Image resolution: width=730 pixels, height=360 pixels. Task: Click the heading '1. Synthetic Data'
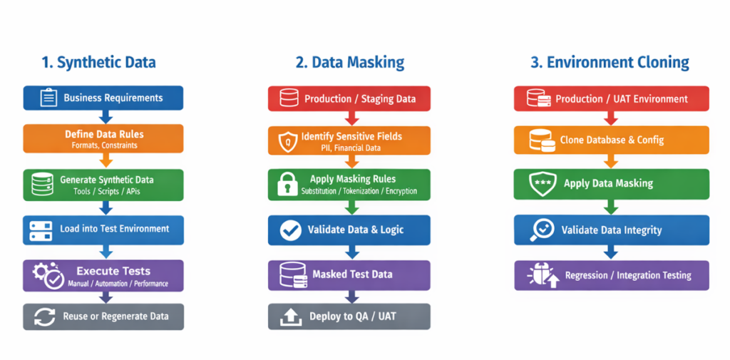point(98,62)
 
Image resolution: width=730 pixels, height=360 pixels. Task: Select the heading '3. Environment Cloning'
point(610,62)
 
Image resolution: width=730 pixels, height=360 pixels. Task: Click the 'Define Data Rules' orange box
point(103,138)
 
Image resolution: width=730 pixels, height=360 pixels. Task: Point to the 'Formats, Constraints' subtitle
point(104,145)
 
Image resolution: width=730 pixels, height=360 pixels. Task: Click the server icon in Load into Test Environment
point(41,230)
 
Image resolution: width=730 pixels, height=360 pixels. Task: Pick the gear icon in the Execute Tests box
point(41,271)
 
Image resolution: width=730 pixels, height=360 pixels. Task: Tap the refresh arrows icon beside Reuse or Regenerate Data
point(45,317)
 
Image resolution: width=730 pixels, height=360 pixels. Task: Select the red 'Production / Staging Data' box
point(349,98)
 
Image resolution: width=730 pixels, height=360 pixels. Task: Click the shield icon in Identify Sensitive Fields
point(287,140)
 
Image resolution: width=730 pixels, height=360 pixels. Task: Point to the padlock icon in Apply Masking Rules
point(287,184)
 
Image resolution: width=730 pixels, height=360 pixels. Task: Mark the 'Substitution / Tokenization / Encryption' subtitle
point(359,191)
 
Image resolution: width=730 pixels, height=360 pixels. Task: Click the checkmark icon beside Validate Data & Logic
point(290,230)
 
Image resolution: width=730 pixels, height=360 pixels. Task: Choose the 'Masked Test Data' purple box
point(349,274)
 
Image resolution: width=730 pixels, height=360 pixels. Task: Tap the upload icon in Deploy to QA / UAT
point(290,317)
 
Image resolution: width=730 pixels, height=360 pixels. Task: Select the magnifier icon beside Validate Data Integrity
point(541,230)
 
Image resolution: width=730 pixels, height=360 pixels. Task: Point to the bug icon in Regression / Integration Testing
point(541,275)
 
